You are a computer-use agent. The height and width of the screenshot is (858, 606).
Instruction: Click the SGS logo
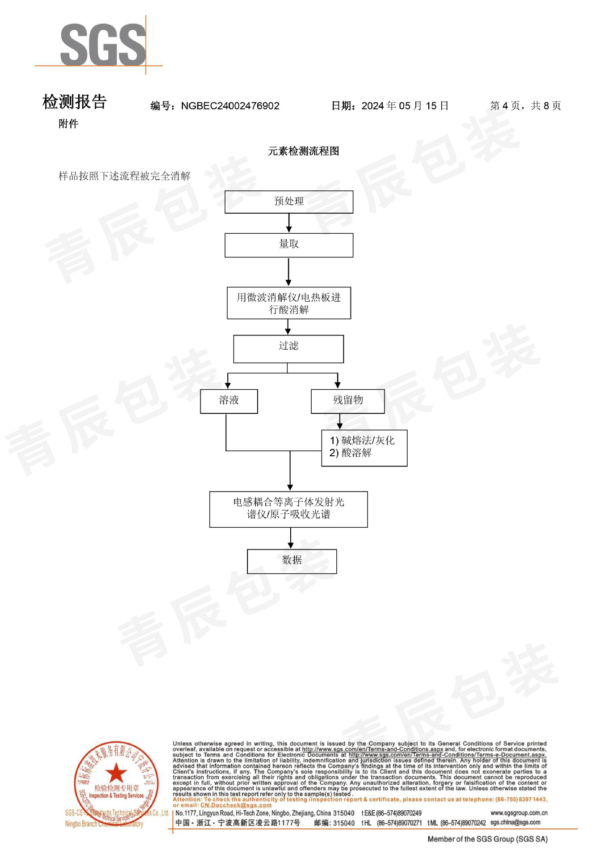tap(103, 45)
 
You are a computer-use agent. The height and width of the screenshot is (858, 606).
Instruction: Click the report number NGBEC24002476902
tap(230, 106)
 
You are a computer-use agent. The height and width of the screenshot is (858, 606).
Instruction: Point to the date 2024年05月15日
tap(405, 106)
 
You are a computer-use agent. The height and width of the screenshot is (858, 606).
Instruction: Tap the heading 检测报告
tap(75, 102)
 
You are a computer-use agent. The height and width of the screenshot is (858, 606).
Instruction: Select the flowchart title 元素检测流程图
tap(303, 151)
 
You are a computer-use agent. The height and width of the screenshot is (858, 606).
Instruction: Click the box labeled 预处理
tap(288, 202)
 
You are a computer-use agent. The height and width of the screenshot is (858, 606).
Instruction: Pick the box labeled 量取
tap(288, 245)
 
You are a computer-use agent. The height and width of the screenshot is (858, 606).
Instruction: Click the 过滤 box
tap(288, 349)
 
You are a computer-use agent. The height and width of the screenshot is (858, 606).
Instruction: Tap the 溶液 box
tap(229, 401)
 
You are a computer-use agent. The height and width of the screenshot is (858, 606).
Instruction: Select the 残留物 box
tap(347, 401)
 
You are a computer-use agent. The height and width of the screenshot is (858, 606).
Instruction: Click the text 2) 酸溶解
tap(351, 453)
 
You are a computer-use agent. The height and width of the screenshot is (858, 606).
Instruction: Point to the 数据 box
tap(292, 561)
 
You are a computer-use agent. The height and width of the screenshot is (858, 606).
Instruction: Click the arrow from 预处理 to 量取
tap(289, 223)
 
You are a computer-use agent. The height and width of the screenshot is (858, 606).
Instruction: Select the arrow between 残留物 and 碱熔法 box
tap(340, 421)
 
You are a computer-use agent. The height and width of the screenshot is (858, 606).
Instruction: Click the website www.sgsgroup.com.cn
tap(518, 813)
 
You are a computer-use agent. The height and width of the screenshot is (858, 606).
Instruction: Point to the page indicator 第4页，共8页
tap(525, 106)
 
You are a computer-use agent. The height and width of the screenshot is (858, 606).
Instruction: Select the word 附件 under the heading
tap(68, 124)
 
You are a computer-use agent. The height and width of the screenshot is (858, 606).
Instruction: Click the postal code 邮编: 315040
tap(334, 823)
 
